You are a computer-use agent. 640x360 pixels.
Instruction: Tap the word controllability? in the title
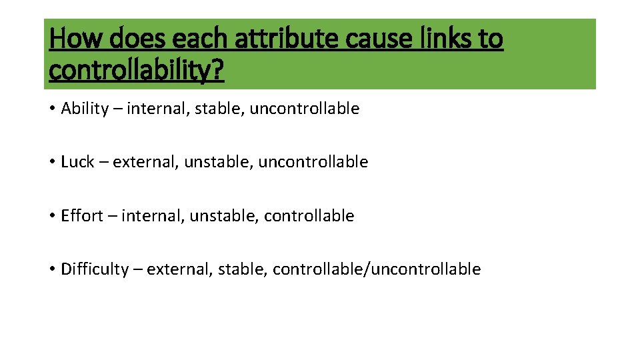tap(137, 70)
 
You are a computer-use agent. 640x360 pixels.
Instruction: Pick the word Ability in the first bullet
tap(85, 109)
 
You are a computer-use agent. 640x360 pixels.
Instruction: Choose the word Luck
tap(77, 162)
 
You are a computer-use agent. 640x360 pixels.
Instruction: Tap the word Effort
tap(82, 216)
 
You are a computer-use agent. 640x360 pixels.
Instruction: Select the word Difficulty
tap(95, 269)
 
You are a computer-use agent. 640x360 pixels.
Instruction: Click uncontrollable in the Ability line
tap(305, 109)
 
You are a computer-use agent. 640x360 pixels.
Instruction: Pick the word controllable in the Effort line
tap(309, 216)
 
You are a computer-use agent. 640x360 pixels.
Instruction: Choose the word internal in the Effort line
tap(154, 216)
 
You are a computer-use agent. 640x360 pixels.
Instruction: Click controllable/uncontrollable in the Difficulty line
tap(377, 269)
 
